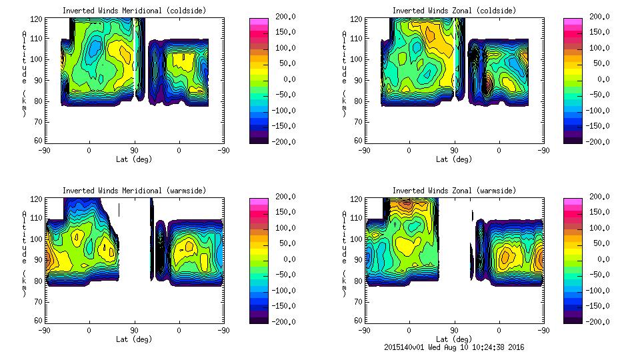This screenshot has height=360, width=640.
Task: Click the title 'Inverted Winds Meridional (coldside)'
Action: click(x=134, y=10)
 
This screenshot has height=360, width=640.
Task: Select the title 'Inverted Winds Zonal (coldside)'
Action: click(x=454, y=10)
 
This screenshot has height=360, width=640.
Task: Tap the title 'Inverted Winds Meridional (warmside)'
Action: click(x=134, y=190)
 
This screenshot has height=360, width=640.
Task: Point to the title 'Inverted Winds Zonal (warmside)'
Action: click(x=454, y=190)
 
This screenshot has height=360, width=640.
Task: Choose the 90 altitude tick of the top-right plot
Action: click(x=359, y=80)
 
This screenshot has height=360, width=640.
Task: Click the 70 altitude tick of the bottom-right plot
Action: click(x=359, y=301)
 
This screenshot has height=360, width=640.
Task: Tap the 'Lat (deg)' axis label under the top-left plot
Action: click(x=134, y=159)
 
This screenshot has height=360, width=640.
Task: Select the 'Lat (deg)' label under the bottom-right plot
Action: click(x=454, y=339)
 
